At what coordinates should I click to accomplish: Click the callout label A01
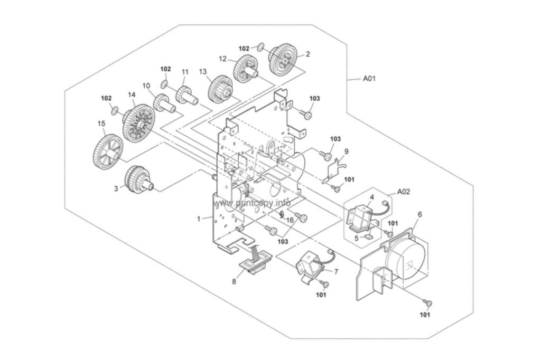click(x=369, y=79)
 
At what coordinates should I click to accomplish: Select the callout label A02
click(x=403, y=192)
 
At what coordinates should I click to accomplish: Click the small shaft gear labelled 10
click(x=164, y=103)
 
